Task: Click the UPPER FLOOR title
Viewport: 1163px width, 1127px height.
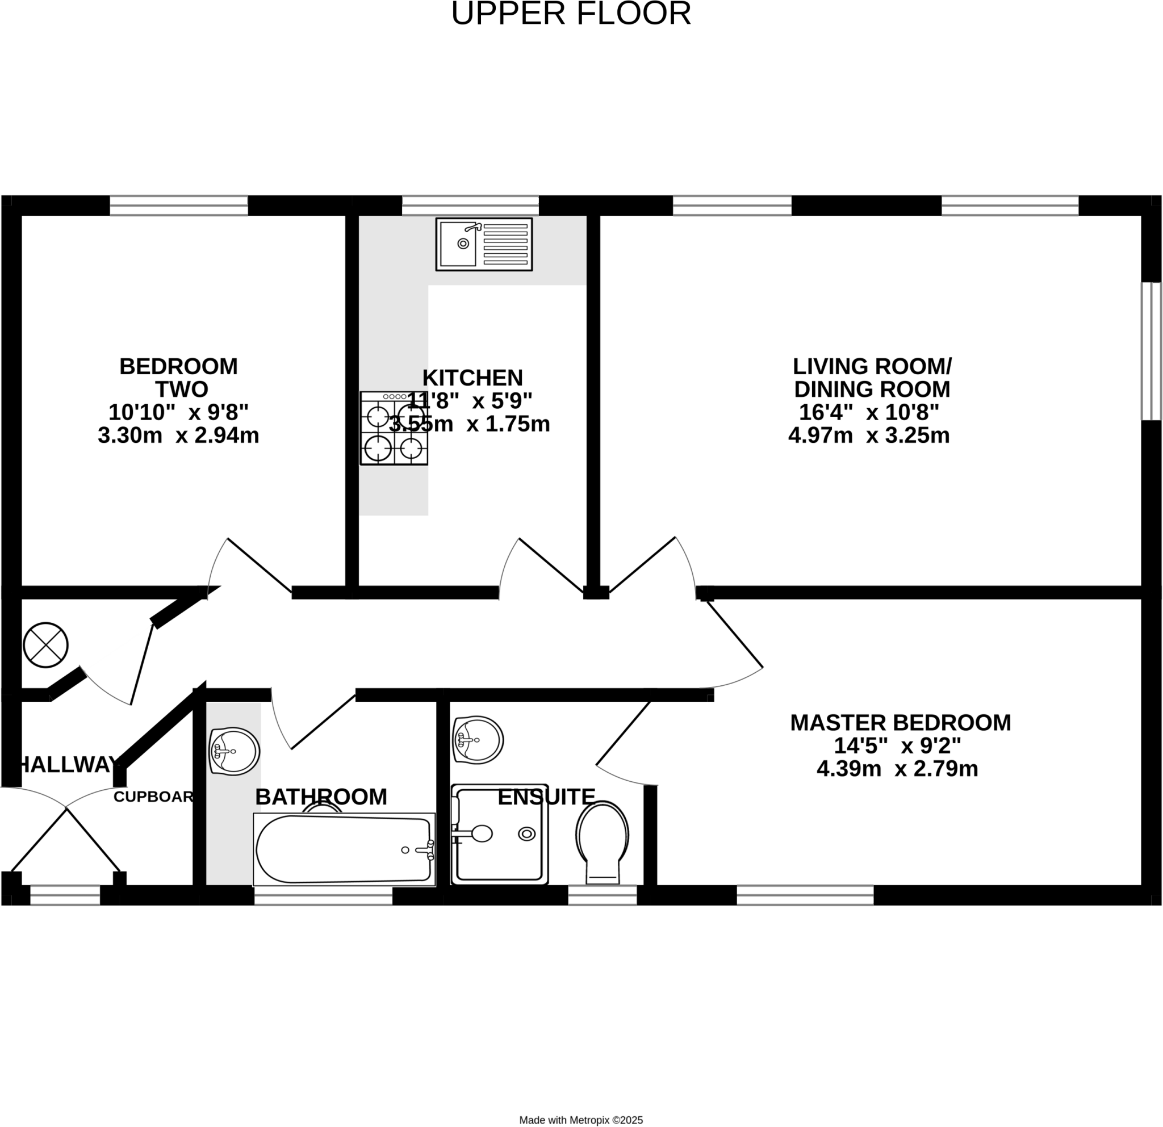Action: tap(571, 14)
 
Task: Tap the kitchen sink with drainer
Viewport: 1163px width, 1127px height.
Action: tap(484, 244)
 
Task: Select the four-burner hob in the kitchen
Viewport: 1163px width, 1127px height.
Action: tap(394, 428)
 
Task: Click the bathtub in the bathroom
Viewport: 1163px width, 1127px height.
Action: tap(344, 849)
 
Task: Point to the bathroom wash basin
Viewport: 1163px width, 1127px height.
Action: tap(234, 751)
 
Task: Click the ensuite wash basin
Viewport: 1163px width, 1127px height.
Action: tap(478, 740)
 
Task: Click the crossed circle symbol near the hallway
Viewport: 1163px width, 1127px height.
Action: tap(45, 645)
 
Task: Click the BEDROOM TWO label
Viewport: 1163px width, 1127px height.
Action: tap(179, 378)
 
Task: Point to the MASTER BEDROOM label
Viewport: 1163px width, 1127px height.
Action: tap(900, 722)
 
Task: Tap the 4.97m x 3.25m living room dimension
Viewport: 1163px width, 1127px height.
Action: tap(869, 435)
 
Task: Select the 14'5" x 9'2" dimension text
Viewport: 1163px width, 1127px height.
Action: tap(897, 745)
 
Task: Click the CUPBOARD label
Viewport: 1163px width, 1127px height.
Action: tap(154, 797)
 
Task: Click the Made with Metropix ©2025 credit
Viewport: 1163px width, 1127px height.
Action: tap(581, 1120)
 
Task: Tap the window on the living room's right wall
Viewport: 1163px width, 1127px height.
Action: tap(1151, 351)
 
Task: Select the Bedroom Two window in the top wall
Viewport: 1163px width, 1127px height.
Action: tap(179, 205)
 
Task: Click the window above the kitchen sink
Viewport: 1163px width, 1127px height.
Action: tap(471, 205)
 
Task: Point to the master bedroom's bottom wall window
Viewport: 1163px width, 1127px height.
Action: tap(805, 895)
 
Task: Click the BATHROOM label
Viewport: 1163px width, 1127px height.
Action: tap(321, 797)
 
